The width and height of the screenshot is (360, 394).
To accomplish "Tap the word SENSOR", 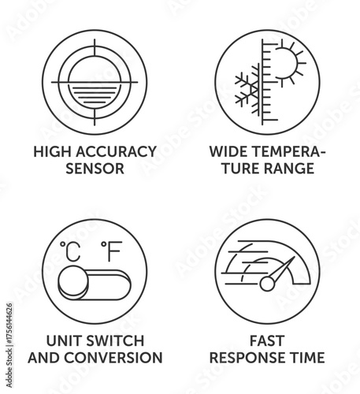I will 94,168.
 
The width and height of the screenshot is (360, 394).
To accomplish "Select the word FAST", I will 268,340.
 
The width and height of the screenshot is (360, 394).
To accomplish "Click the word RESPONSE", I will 248,358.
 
